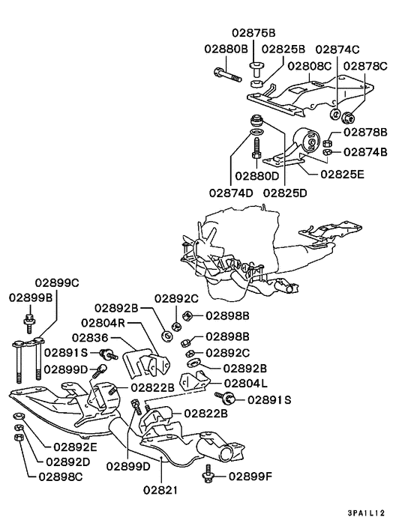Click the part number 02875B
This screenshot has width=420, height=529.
coord(253,34)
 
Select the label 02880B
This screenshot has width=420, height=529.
coord(226,49)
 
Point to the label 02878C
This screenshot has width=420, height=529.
coord(365,65)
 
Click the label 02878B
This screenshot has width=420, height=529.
coord(365,132)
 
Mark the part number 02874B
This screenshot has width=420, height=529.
coord(365,152)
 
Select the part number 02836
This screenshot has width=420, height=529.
coord(88,338)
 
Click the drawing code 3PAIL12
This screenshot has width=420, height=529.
coord(367,513)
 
